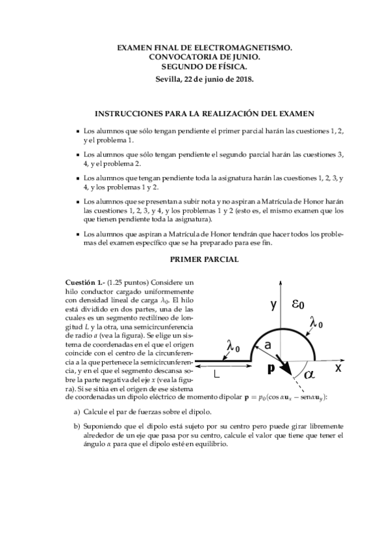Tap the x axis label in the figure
point(338,367)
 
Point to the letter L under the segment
point(217,375)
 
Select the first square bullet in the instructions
point(79,131)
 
